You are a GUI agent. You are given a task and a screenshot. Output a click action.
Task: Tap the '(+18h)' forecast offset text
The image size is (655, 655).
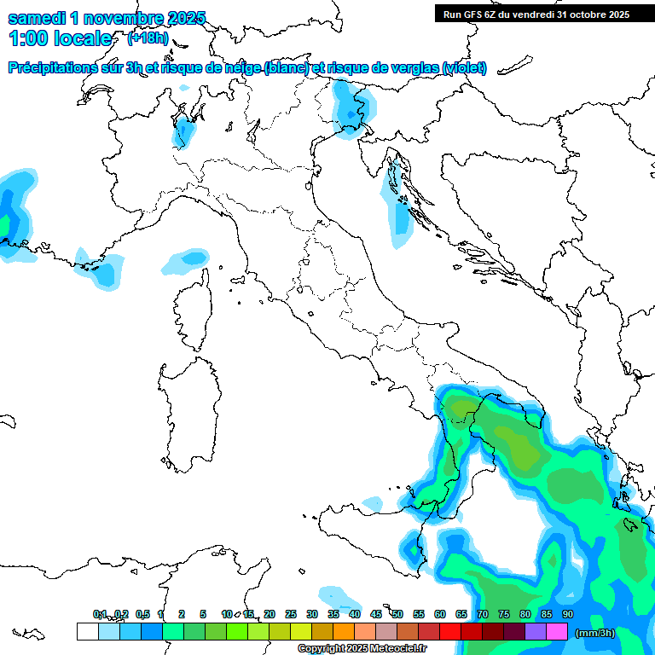147,38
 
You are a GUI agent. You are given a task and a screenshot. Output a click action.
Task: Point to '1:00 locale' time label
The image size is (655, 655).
60,38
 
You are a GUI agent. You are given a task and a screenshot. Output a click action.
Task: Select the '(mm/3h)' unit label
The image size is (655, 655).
594,633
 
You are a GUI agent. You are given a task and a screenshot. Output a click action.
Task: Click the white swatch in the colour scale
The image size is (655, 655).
87,632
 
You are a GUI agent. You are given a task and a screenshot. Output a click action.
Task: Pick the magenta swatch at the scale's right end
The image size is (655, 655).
557,632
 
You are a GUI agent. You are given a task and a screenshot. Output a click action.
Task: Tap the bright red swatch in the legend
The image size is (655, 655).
450,632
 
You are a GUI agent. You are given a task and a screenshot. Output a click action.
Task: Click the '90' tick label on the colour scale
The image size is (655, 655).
568,614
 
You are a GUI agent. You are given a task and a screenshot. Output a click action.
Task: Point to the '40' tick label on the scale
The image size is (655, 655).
354,614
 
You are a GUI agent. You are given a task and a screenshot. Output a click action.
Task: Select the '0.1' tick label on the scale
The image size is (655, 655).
100,614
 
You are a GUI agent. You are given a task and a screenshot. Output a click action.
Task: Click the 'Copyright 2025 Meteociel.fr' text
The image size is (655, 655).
362,649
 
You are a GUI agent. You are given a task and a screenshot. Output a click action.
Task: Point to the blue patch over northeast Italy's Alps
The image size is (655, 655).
348,109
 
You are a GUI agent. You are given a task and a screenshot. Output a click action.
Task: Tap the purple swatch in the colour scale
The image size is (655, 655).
536,632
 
